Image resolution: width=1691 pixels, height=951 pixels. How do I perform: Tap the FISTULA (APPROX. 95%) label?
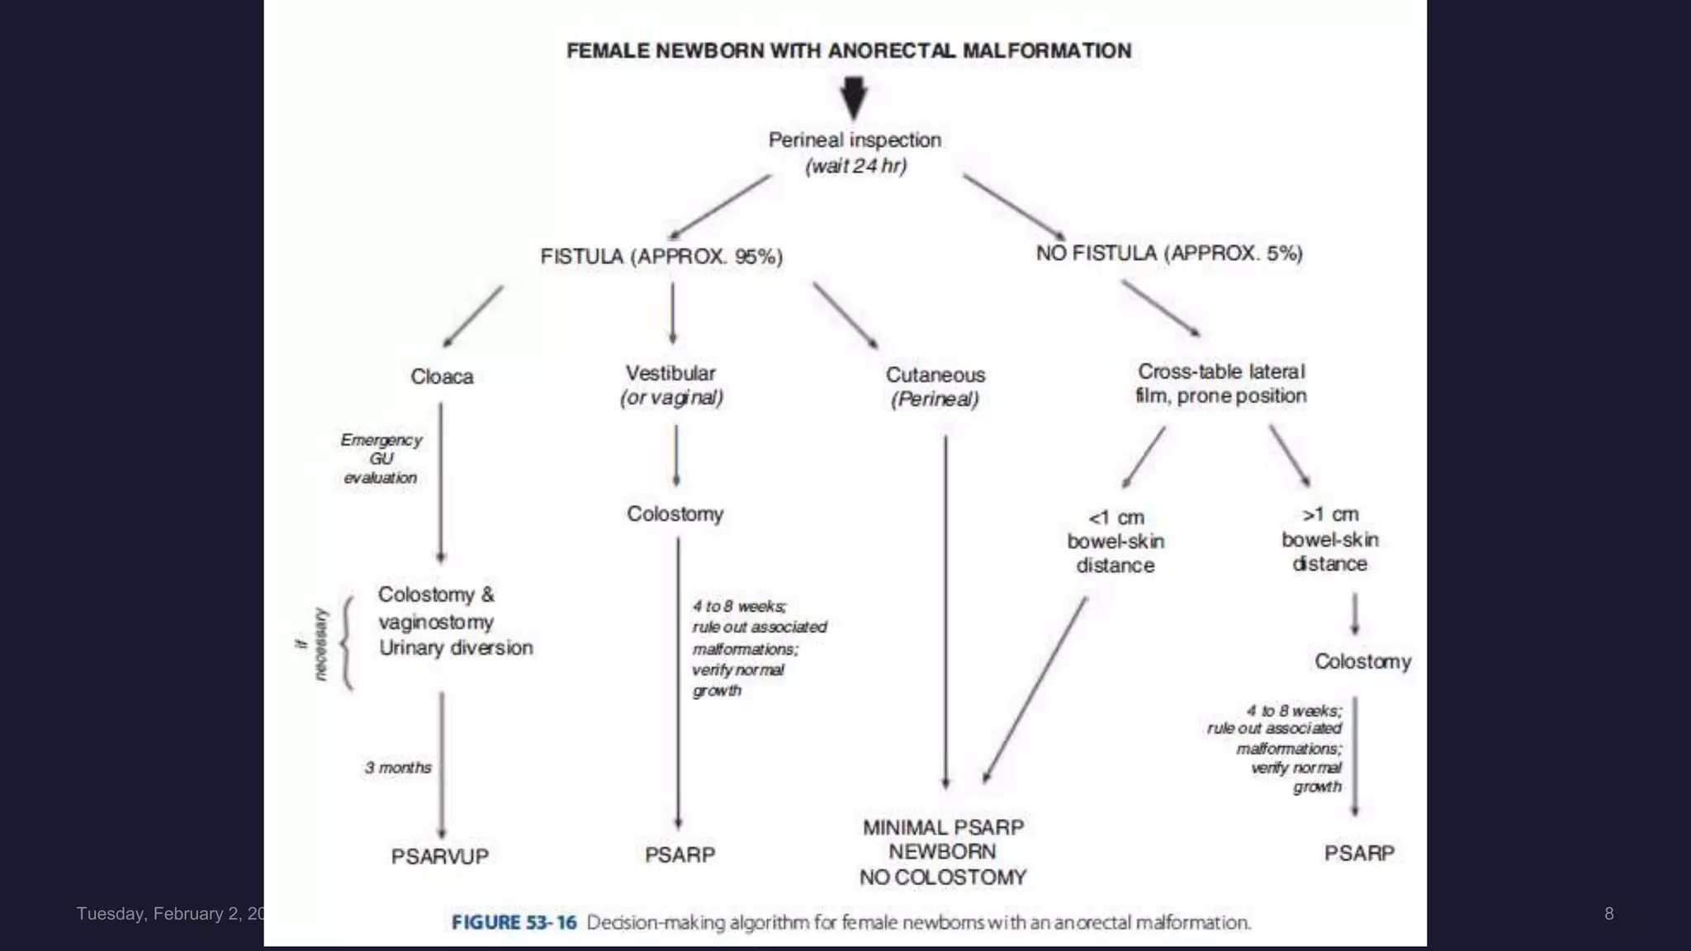point(661,257)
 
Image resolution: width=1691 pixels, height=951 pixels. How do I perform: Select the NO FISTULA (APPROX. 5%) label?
point(1169,253)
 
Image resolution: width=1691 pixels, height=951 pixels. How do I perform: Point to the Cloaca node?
point(442,377)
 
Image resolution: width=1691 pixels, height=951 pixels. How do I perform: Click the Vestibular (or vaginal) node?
point(671,386)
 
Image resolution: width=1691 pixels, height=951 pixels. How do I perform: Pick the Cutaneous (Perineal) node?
point(935,387)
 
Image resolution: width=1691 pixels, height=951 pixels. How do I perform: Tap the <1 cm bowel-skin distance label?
point(1115,542)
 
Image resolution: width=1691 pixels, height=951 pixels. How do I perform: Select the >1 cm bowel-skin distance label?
point(1329,539)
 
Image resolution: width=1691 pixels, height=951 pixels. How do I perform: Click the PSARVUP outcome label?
point(440,857)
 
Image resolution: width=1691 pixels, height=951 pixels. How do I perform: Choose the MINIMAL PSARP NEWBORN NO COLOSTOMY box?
point(943,852)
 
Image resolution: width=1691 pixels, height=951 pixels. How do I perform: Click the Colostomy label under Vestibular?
point(675,514)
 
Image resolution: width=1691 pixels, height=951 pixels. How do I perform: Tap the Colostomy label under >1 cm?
point(1362,662)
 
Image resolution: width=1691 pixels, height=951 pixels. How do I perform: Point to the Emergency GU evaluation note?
point(381,459)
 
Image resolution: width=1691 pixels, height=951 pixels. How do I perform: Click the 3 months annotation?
point(398,768)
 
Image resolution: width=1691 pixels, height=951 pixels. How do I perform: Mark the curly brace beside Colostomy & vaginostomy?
point(347,643)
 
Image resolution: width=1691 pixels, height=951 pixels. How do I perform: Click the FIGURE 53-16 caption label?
point(514,922)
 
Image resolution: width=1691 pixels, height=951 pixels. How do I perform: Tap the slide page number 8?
point(1608,914)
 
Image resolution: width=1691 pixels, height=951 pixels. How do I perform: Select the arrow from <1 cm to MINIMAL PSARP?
point(1035,689)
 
